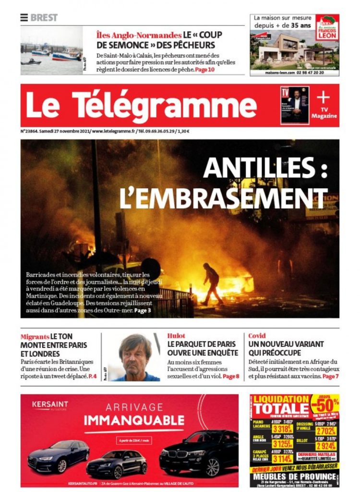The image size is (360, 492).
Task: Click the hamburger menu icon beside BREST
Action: coord(24,18)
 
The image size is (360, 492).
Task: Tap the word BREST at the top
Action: coord(44,18)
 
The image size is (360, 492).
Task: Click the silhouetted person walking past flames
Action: coord(211,283)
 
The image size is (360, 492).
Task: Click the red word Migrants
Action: coord(35,336)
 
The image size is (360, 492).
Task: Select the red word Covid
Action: coord(257,335)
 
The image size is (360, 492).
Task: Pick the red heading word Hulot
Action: coord(176,335)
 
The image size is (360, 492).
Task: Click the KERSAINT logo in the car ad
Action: coord(50,405)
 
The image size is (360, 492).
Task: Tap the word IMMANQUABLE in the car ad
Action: coord(127,420)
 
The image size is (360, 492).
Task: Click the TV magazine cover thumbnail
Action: coord(295,105)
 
